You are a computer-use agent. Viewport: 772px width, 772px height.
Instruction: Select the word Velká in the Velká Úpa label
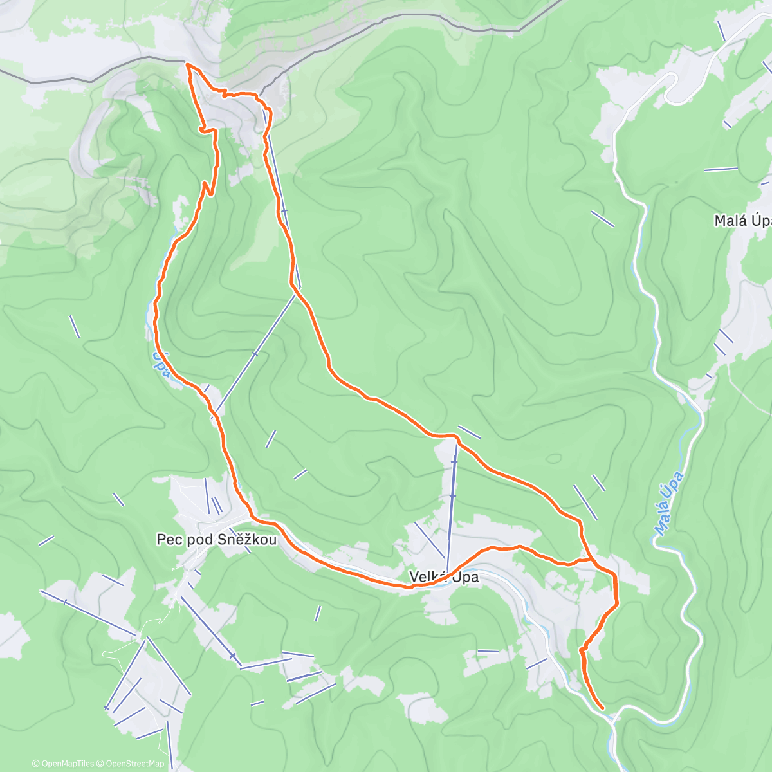[x=427, y=577]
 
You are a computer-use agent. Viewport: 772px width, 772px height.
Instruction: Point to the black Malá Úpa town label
[x=742, y=221]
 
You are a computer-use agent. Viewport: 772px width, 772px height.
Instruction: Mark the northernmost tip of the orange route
[x=187, y=64]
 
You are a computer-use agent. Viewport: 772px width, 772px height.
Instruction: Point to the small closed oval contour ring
[x=553, y=459]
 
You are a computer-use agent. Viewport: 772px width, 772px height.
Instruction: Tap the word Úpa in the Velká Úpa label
[x=466, y=577]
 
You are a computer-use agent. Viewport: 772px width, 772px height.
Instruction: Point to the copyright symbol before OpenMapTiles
[x=36, y=764]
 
